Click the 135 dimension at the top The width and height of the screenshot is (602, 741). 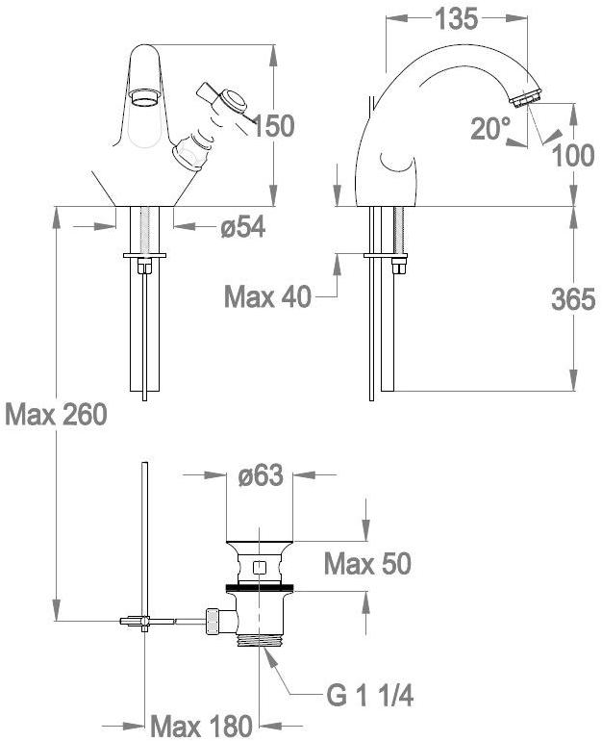(456, 19)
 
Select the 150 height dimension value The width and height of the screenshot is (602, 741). (273, 126)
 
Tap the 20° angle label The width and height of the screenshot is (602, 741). (490, 128)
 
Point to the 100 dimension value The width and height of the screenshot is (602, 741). (573, 156)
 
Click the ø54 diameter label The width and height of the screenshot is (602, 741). (243, 227)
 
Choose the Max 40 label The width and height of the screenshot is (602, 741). (267, 297)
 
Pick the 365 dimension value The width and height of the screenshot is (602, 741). (573, 299)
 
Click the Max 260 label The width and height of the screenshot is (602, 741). (56, 415)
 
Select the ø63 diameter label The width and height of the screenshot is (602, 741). (261, 475)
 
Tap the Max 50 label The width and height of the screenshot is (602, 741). (367, 563)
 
